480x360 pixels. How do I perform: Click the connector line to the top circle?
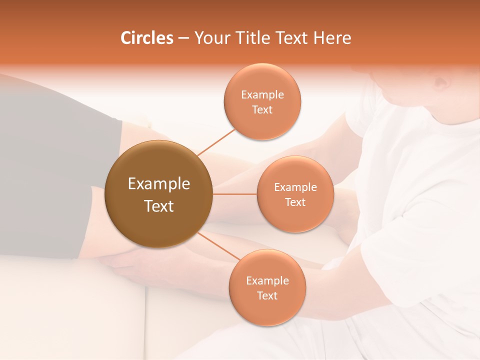(216, 142)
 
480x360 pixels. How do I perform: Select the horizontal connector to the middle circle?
(234, 194)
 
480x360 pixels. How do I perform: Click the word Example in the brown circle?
(159, 184)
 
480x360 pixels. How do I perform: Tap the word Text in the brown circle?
(159, 206)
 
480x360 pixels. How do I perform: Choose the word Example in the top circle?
(262, 95)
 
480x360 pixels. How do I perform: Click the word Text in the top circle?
(262, 109)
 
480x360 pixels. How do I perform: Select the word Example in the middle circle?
(295, 187)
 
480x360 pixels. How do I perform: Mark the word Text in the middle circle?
(295, 202)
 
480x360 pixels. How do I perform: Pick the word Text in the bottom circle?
(267, 295)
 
